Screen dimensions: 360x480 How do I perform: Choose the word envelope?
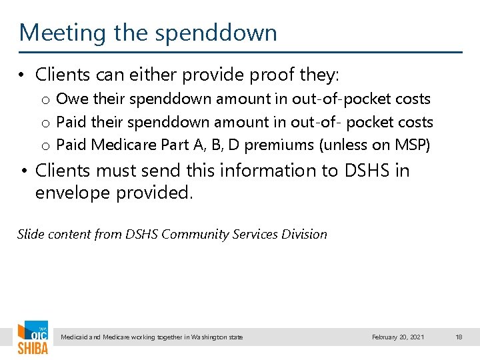pos(75,193)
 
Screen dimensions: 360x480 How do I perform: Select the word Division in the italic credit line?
pos(304,234)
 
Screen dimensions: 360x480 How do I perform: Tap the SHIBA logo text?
pos(33,348)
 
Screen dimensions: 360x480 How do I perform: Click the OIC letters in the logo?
pos(37,332)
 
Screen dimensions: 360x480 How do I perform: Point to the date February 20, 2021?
pos(398,337)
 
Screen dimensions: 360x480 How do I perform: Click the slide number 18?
pos(459,337)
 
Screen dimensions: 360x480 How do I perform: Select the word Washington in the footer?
pos(207,337)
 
